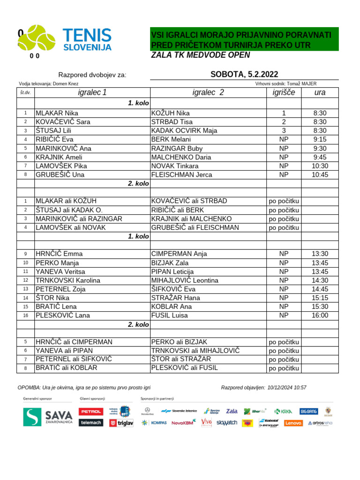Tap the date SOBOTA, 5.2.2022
coord(244,74)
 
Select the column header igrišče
coord(284,92)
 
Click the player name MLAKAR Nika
coord(57,113)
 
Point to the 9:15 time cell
coord(320,139)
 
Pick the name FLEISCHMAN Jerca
coord(175,175)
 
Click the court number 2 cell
coord(284,122)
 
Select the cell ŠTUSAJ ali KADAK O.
coord(69,210)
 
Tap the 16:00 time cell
coord(320,315)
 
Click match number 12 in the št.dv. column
coord(25,280)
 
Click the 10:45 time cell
coord(320,175)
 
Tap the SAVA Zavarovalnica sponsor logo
coord(48,417)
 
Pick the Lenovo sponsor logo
coord(293,423)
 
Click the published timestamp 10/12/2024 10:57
coord(287,388)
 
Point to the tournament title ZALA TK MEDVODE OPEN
coord(201,55)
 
